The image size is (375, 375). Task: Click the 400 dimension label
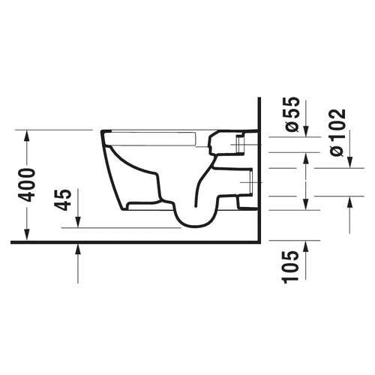click(x=27, y=185)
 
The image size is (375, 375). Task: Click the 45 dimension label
click(x=63, y=199)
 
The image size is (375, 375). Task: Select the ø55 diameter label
click(x=292, y=114)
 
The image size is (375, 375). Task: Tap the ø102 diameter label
click(x=337, y=133)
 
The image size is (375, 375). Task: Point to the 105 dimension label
click(x=291, y=267)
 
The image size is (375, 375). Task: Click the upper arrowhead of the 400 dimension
click(x=27, y=136)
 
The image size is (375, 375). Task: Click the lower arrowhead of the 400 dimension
click(x=27, y=235)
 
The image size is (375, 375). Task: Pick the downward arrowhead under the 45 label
click(x=78, y=221)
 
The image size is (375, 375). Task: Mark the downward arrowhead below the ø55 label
click(x=306, y=130)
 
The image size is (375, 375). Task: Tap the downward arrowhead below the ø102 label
click(x=349, y=162)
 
